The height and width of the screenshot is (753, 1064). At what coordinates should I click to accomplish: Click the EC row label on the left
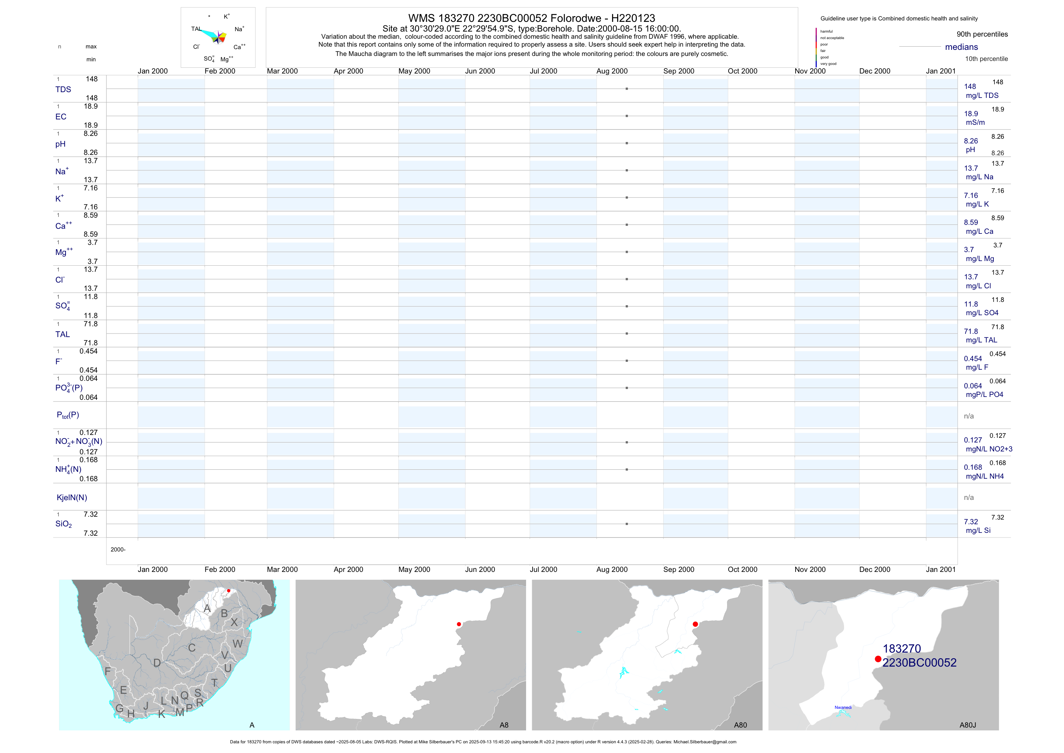pyautogui.click(x=61, y=117)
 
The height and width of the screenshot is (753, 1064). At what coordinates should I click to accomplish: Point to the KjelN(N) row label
pyautogui.click(x=72, y=498)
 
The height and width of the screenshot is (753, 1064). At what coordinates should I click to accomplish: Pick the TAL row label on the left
pyautogui.click(x=63, y=334)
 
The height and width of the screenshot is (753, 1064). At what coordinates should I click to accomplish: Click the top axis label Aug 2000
pyautogui.click(x=612, y=71)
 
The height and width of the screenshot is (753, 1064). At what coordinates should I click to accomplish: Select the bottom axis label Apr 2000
pyautogui.click(x=348, y=569)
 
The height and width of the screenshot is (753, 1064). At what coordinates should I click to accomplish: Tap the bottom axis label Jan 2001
pyautogui.click(x=941, y=569)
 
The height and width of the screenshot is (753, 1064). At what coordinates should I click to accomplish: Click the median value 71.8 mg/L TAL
pyautogui.click(x=980, y=336)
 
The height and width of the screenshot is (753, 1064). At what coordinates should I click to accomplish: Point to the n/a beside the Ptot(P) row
pyautogui.click(x=969, y=416)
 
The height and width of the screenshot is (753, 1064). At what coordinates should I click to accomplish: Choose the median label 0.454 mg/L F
pyautogui.click(x=976, y=363)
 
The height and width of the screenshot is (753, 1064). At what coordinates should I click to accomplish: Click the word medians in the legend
pyautogui.click(x=962, y=47)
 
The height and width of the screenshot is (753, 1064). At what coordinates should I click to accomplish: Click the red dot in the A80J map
pyautogui.click(x=878, y=659)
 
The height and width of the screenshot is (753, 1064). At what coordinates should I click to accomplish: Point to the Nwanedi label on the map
pyautogui.click(x=843, y=707)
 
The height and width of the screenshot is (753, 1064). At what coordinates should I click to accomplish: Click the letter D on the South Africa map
pyautogui.click(x=157, y=663)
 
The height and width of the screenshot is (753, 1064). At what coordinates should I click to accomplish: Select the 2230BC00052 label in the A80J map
pyautogui.click(x=920, y=663)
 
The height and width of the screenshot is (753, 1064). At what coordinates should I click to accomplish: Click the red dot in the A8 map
pyautogui.click(x=459, y=624)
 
